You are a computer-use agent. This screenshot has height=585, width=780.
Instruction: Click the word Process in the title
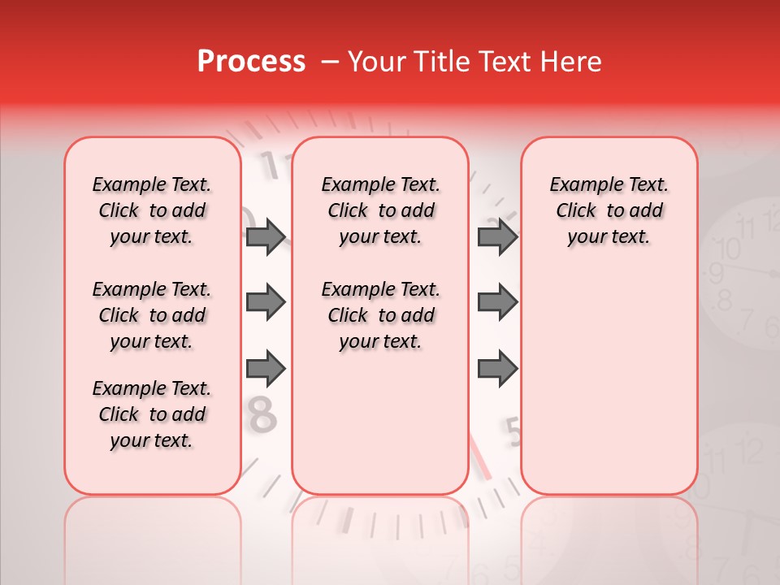[251, 62]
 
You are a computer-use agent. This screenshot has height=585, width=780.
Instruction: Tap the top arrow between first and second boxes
[266, 236]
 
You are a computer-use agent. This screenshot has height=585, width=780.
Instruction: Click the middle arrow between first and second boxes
[266, 303]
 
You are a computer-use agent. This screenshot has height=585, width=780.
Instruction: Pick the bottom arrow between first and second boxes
[266, 370]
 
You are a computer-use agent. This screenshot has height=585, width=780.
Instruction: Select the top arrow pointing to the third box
[497, 236]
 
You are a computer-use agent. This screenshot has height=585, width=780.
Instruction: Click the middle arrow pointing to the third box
[497, 303]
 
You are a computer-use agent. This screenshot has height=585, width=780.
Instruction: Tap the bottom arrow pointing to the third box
[497, 370]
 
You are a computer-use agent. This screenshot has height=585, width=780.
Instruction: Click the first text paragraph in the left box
[152, 210]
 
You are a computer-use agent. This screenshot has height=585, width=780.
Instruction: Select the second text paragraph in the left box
[152, 315]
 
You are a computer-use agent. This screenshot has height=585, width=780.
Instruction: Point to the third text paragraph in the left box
[152, 414]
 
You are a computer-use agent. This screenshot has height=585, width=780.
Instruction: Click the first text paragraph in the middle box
[380, 210]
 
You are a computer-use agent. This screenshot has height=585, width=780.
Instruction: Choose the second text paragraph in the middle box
[380, 315]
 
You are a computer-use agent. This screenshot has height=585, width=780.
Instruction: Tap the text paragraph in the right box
[609, 210]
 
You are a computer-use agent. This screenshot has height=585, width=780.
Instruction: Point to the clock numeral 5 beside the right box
[513, 432]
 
